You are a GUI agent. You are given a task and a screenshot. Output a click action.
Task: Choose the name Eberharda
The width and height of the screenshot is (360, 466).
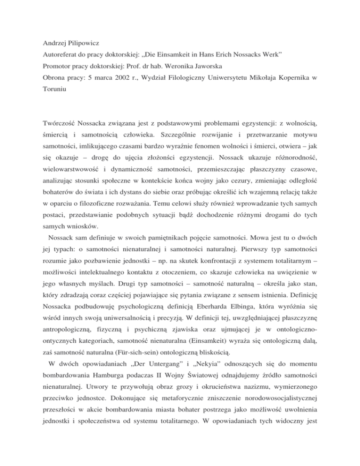206,322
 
